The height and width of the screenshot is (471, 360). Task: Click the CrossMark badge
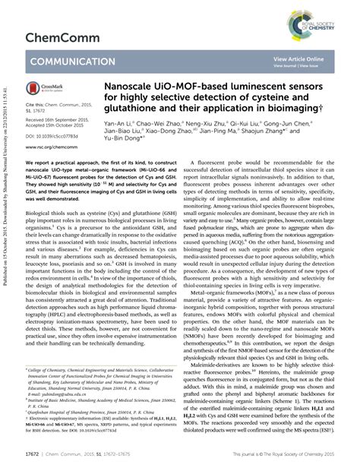point(49,90)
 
